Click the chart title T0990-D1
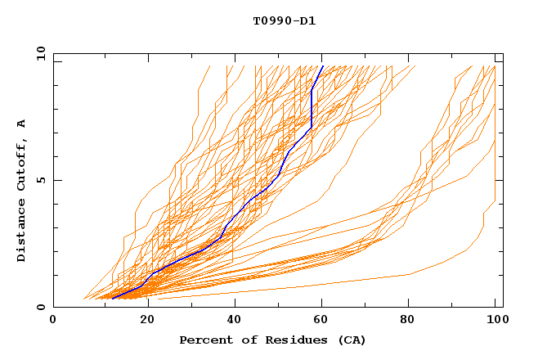tap(284, 21)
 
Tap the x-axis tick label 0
tap(53, 321)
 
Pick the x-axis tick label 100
tap(495, 321)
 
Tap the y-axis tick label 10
tap(39, 54)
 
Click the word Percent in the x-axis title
tap(204, 340)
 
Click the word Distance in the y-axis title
tap(21, 232)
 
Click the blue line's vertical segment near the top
tap(312, 106)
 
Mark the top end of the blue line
tap(323, 66)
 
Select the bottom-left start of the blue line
tap(111, 298)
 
